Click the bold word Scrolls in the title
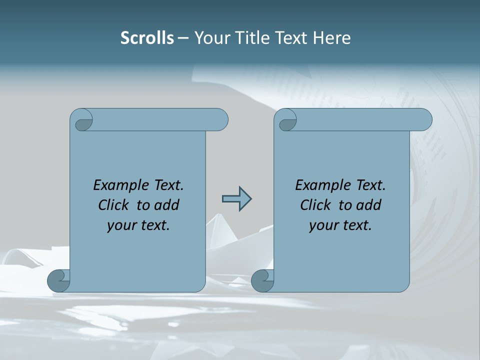point(147,37)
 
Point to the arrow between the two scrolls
point(236,199)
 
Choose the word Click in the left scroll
point(113,205)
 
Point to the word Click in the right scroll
point(315,205)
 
